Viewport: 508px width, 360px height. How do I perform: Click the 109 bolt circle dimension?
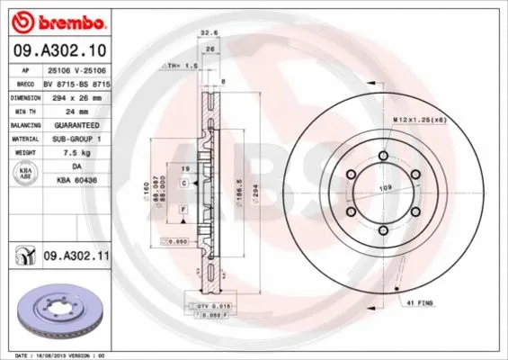(385, 187)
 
